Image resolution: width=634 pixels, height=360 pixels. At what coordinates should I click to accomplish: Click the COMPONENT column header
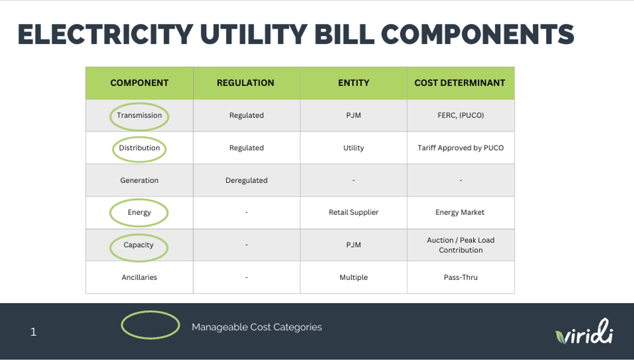(139, 82)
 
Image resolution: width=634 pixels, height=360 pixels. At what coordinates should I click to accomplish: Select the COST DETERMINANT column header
(460, 82)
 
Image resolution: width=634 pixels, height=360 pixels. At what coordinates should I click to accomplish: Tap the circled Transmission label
(139, 115)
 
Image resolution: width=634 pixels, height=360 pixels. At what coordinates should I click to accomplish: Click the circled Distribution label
(139, 148)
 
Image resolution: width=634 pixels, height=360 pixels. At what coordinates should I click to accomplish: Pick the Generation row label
(139, 180)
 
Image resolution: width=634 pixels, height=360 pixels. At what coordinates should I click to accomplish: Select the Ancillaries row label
(139, 278)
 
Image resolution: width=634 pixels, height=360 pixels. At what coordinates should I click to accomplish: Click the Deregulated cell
(246, 180)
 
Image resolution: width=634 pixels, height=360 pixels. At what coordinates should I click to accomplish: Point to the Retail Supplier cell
(354, 212)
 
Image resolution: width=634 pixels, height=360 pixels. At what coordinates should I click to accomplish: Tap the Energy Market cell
(460, 212)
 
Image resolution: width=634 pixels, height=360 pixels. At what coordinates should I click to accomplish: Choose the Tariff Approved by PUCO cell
(461, 148)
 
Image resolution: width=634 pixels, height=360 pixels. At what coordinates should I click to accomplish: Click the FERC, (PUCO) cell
(461, 115)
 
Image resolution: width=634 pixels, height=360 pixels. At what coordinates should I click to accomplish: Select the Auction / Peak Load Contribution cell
(461, 245)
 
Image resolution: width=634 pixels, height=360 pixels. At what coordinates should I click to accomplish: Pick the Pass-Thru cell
(461, 278)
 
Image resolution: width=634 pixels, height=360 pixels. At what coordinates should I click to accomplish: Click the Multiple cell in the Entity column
(354, 278)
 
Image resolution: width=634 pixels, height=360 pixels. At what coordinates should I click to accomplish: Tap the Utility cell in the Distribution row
(354, 148)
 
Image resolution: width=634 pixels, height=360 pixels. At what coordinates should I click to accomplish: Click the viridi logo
(584, 332)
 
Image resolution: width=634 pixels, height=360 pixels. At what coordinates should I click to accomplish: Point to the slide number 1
(34, 332)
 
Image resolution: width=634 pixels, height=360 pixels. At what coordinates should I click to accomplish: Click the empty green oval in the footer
(150, 311)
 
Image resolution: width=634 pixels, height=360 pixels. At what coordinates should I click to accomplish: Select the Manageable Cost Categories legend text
(257, 327)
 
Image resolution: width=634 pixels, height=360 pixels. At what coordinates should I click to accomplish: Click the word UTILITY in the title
(254, 34)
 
